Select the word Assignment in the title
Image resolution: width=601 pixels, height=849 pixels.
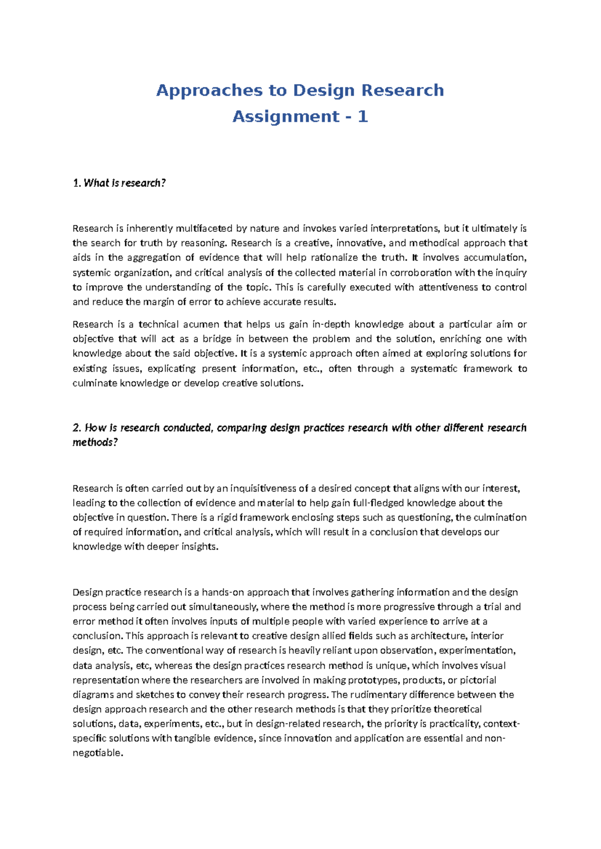pyautogui.click(x=286, y=117)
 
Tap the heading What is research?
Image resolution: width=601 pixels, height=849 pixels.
pyautogui.click(x=119, y=183)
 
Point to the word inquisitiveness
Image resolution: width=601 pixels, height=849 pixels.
pyautogui.click(x=256, y=489)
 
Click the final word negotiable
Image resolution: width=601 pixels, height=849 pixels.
pyautogui.click(x=97, y=753)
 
